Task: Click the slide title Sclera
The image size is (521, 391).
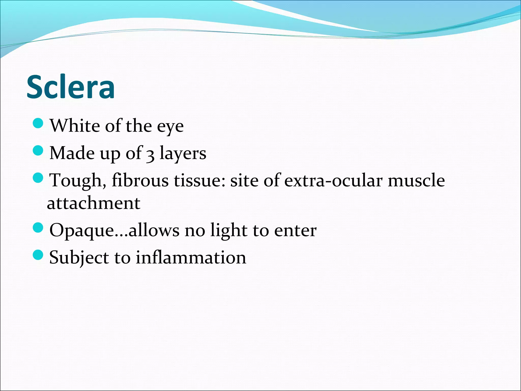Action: click(x=70, y=87)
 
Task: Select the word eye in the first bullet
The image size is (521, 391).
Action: click(x=170, y=127)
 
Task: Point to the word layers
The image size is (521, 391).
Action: click(x=183, y=154)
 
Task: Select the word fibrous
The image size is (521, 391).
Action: click(x=140, y=180)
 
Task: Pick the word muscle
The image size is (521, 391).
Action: click(x=416, y=180)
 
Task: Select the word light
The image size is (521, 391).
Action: click(x=229, y=231)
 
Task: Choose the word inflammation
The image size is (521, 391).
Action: click(x=191, y=258)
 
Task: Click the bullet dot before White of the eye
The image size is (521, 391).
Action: click(x=38, y=123)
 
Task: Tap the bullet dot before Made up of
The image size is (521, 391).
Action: click(x=38, y=151)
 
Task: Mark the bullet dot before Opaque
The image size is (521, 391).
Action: click(x=38, y=228)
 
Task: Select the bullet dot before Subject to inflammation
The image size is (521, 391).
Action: click(x=38, y=255)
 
